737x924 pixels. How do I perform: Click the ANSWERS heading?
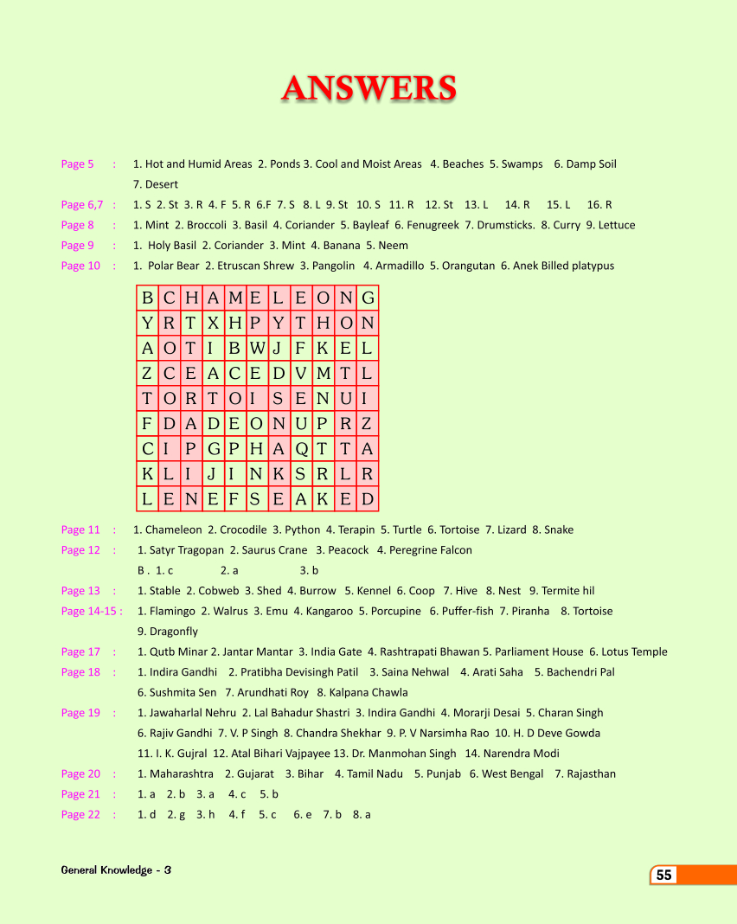pyautogui.click(x=368, y=88)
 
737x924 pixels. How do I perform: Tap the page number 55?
pyautogui.click(x=663, y=875)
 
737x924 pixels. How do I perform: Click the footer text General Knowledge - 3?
pyautogui.click(x=116, y=869)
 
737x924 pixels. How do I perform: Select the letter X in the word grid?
pyautogui.click(x=213, y=324)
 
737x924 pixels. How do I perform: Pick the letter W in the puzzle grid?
pyautogui.click(x=256, y=349)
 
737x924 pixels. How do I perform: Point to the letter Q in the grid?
pyautogui.click(x=300, y=449)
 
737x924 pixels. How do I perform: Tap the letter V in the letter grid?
pyautogui.click(x=300, y=374)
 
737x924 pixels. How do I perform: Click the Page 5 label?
pyautogui.click(x=77, y=164)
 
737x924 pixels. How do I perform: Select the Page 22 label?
pyautogui.click(x=80, y=814)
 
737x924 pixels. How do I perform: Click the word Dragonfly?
pyautogui.click(x=173, y=632)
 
